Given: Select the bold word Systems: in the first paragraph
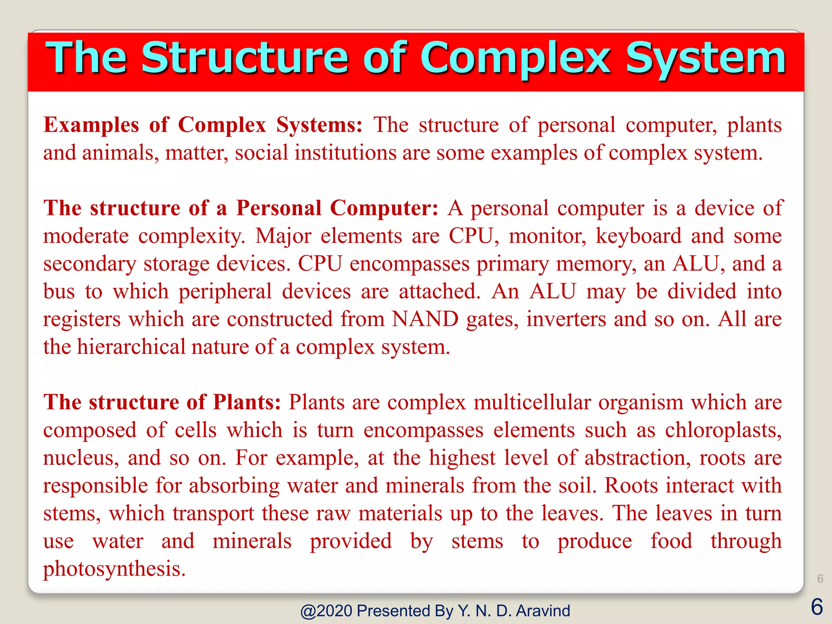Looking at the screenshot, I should point(319,125).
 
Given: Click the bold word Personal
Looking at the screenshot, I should point(279,208).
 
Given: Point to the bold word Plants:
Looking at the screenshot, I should point(247,402).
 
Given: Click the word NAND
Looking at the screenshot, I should point(425,319).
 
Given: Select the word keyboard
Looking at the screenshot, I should point(638,236).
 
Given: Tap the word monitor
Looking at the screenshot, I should point(547,236).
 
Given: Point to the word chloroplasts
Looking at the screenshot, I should point(723,430).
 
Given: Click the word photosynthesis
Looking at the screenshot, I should point(114,569).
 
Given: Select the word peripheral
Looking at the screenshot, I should point(225,291).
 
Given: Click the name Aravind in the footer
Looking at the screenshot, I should point(543,611).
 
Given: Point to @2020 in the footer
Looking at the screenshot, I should point(326,611).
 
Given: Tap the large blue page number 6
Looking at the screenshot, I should point(817,607).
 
